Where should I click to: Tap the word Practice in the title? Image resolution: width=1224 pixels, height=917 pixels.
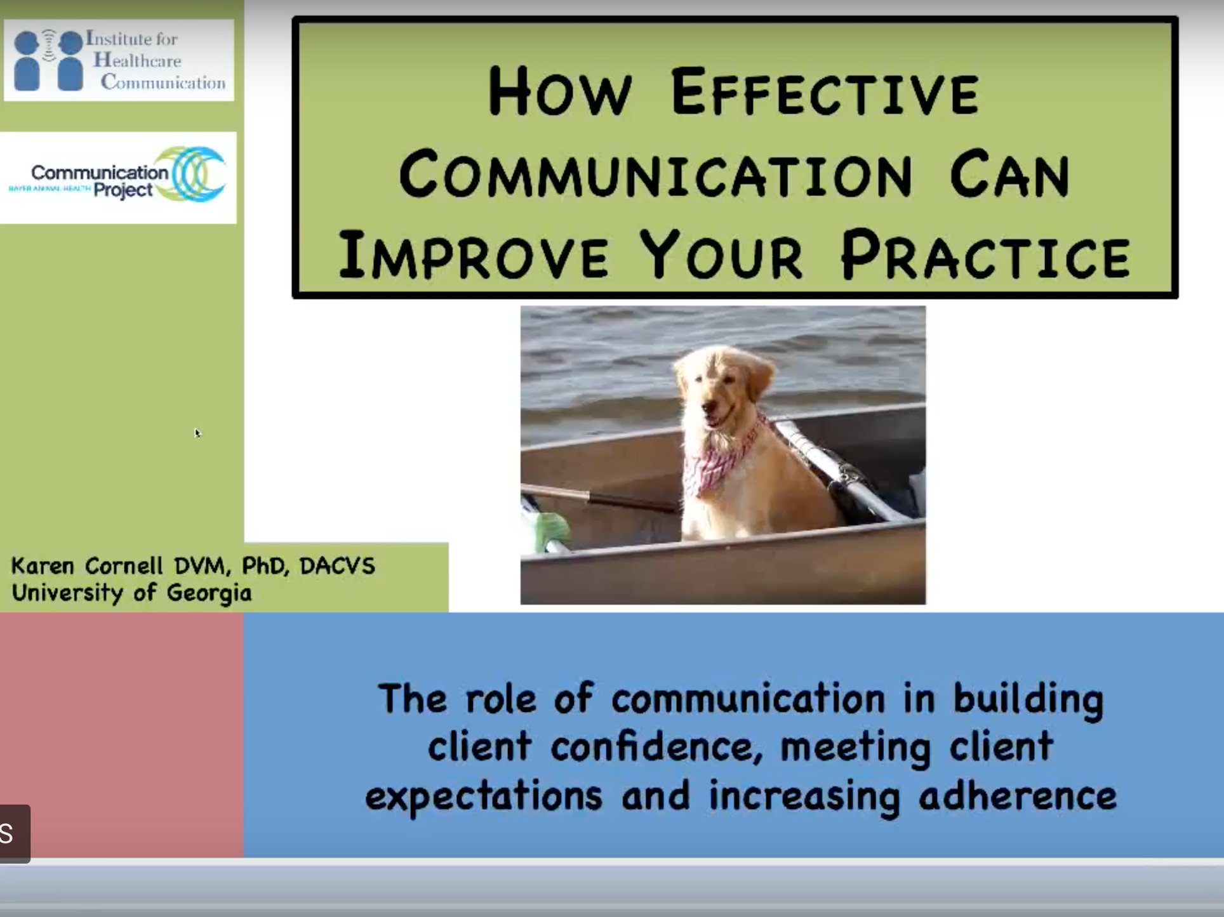click(985, 255)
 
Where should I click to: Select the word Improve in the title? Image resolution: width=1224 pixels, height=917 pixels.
click(473, 255)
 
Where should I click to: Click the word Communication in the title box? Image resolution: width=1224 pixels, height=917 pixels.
click(655, 173)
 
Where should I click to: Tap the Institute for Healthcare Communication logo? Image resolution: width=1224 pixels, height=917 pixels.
click(119, 60)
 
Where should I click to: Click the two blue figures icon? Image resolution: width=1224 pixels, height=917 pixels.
click(48, 60)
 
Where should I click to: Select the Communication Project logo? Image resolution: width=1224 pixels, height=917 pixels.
click(118, 177)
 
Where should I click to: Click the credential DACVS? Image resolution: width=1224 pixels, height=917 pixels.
click(337, 565)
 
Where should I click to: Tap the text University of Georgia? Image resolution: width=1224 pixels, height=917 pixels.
click(131, 593)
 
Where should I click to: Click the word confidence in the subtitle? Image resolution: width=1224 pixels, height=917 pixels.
click(656, 746)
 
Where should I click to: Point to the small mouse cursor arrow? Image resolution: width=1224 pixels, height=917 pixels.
click(197, 433)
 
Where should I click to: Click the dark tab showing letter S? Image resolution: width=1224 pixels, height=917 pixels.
click(15, 834)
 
